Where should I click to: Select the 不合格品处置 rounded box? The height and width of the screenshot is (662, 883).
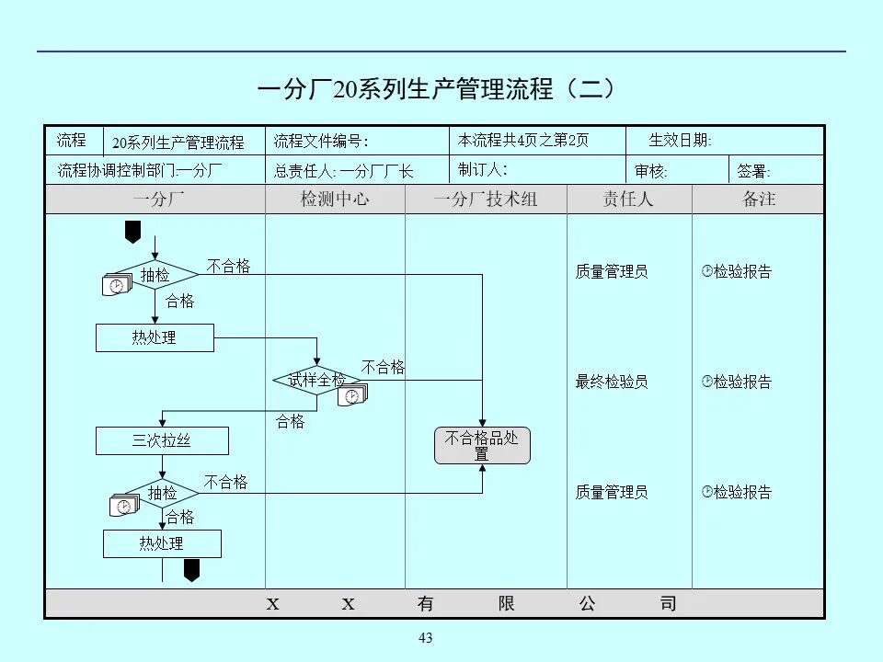click(x=482, y=446)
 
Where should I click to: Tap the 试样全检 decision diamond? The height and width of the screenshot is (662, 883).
click(x=316, y=380)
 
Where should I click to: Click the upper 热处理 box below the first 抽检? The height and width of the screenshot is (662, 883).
click(x=155, y=337)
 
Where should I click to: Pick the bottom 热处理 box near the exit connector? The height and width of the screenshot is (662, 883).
click(x=162, y=543)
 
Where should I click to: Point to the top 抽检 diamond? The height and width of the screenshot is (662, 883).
click(x=155, y=274)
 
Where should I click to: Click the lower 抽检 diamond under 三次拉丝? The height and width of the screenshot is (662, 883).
click(x=163, y=493)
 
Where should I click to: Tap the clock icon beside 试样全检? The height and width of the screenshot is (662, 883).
click(x=352, y=396)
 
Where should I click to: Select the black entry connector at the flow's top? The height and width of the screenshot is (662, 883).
click(x=132, y=232)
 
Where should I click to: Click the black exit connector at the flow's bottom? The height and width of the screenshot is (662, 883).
click(x=191, y=571)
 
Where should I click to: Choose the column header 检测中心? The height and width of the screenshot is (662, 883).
click(x=335, y=200)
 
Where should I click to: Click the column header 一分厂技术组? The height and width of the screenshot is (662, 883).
click(x=485, y=200)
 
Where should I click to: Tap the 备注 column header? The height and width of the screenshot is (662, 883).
click(x=759, y=200)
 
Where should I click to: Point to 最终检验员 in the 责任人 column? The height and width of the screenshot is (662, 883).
click(x=612, y=382)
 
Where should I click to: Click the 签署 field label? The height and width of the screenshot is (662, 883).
click(x=754, y=171)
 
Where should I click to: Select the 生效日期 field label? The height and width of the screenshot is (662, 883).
click(x=680, y=141)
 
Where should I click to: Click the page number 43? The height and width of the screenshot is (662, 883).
click(x=425, y=638)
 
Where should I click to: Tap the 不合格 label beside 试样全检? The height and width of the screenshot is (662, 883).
click(x=383, y=367)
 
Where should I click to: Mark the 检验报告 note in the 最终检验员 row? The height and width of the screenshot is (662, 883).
click(x=737, y=382)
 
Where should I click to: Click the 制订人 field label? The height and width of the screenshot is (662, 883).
click(x=482, y=169)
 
